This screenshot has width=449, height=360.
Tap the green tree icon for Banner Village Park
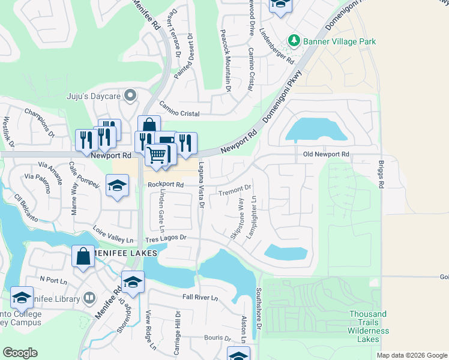(294, 41)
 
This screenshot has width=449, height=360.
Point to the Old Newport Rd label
(327, 154)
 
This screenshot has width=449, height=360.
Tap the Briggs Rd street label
(381, 173)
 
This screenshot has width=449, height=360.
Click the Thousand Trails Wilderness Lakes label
(368, 326)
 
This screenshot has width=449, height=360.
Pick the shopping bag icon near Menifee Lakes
(83, 256)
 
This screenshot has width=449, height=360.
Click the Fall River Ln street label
(200, 298)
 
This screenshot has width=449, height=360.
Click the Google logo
(20, 353)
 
